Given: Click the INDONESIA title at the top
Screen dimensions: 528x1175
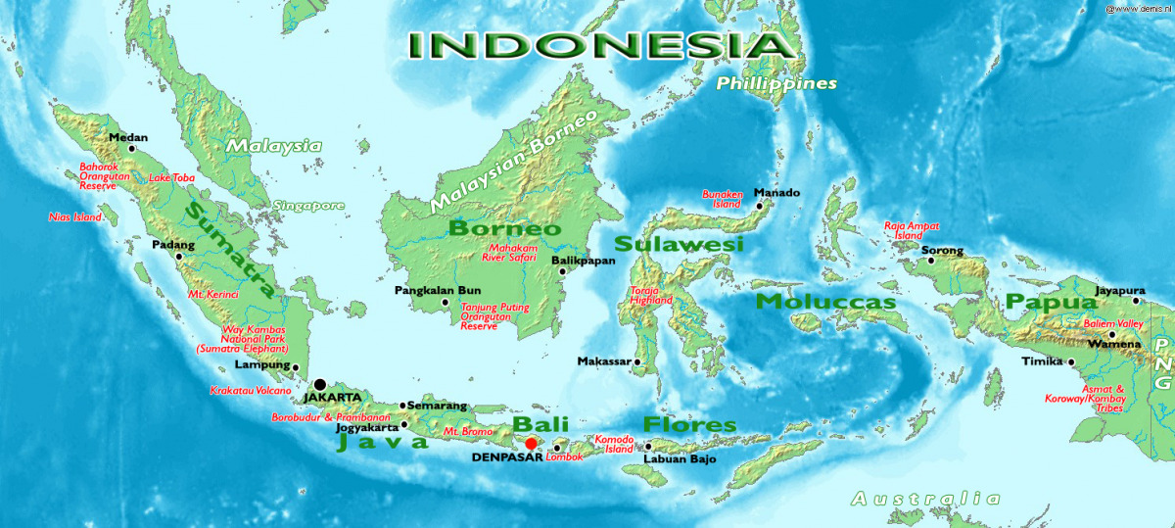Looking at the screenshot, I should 599,45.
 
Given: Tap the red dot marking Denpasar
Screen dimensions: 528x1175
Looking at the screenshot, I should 531,444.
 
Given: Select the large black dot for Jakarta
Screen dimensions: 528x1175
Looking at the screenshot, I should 319,384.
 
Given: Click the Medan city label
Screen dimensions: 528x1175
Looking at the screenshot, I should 127,137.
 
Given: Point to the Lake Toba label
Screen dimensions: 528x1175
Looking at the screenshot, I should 171,178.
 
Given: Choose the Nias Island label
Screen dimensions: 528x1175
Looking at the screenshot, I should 75,217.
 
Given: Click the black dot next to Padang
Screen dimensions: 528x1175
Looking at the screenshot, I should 179,258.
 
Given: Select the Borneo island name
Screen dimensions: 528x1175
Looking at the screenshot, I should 504,229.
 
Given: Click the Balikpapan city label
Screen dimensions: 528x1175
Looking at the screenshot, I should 584,261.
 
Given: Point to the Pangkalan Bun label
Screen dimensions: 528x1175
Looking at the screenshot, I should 438,291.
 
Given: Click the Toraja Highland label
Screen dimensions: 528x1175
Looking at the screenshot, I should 651,296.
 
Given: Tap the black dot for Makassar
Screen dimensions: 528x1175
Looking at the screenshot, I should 637,362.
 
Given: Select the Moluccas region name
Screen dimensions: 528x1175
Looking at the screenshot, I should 825,302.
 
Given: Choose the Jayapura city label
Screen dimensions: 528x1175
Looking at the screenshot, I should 1119,291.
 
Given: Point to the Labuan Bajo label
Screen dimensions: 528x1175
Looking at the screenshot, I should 680,458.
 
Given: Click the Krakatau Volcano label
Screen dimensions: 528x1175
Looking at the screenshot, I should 251,390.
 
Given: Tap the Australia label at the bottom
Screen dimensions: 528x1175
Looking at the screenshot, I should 926,499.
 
